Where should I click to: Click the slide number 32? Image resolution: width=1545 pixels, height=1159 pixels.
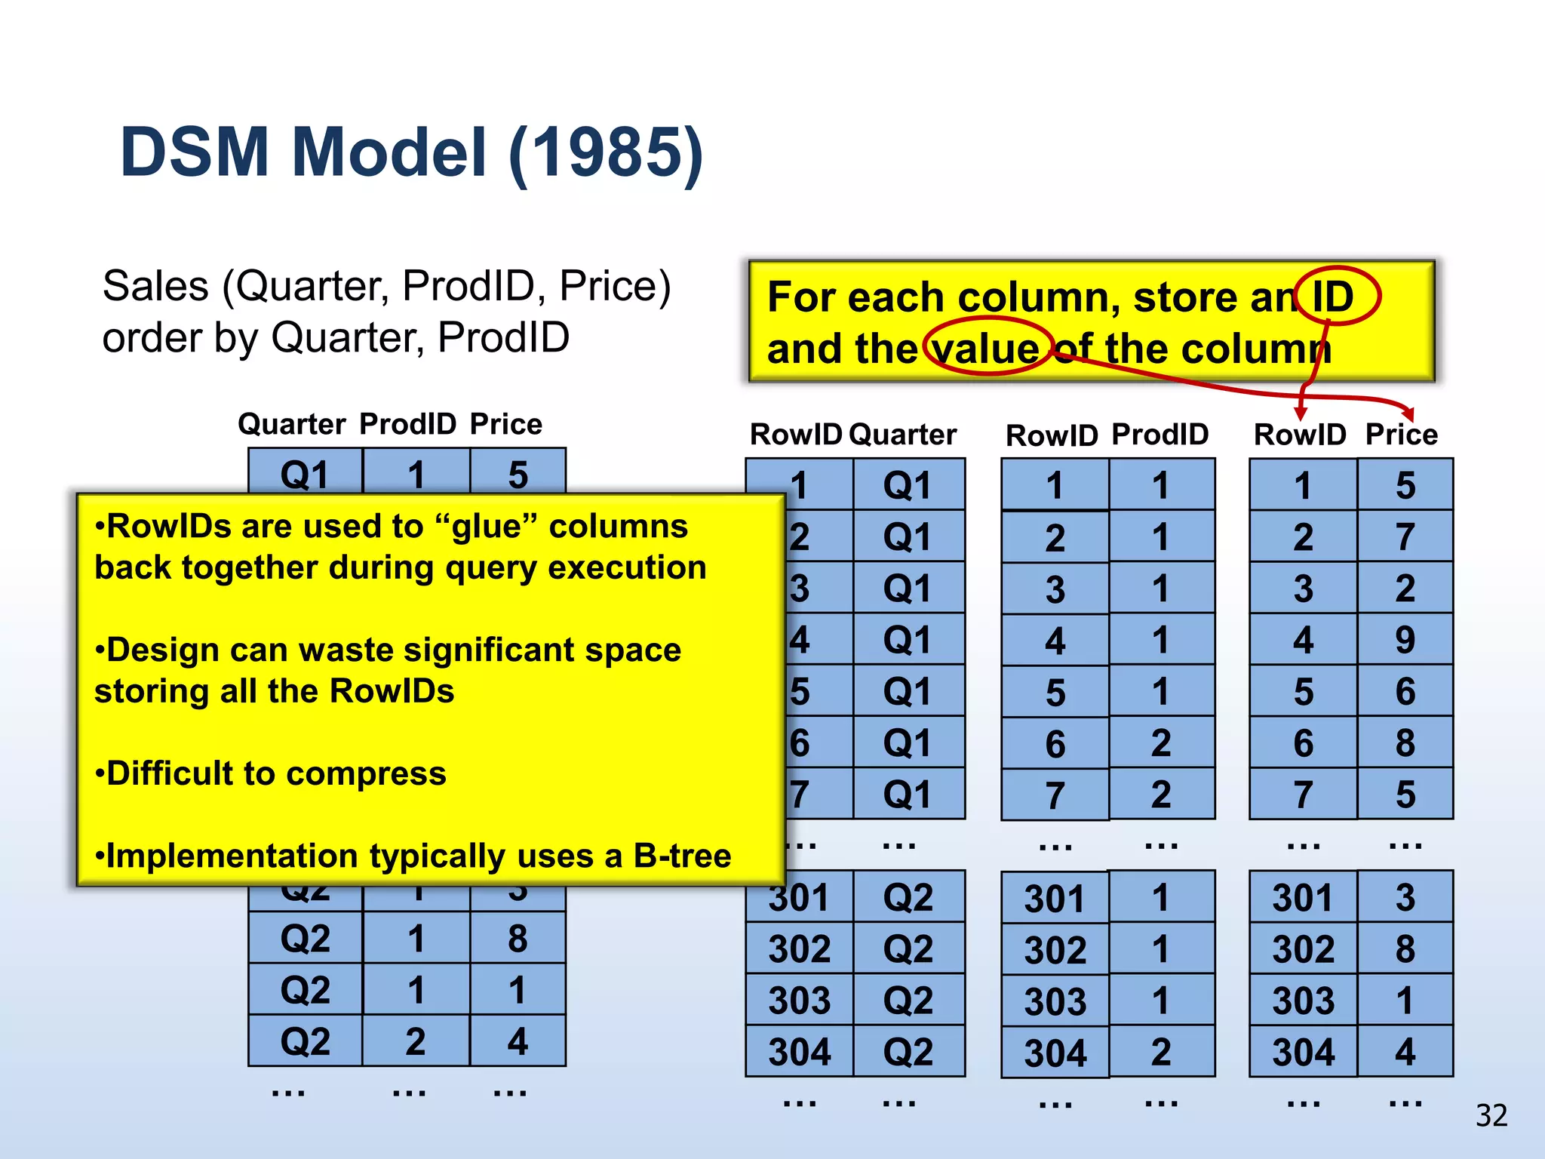(1491, 1115)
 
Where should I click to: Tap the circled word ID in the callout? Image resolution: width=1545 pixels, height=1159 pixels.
(1333, 297)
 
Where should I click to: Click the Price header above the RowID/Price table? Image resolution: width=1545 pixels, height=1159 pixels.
(1401, 435)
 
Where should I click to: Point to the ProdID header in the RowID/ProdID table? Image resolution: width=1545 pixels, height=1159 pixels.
(1160, 435)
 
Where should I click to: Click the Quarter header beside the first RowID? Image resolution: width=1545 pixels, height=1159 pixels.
(902, 435)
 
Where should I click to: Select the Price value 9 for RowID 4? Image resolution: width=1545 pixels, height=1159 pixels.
(1405, 640)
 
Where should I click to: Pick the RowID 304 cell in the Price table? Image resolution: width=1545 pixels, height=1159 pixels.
(1303, 1052)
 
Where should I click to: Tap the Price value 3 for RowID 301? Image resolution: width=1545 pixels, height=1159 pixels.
(1405, 897)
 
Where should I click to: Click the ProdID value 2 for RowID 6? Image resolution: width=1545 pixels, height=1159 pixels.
(1161, 743)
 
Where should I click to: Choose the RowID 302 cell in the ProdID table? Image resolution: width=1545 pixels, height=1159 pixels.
(1055, 950)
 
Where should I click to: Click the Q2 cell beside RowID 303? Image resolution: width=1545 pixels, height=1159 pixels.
(908, 1001)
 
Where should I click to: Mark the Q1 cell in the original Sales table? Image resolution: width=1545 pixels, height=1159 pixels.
(305, 475)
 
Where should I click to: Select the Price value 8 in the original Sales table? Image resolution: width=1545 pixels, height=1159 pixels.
(518, 939)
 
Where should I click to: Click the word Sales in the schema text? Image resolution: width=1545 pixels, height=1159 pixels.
(155, 287)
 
